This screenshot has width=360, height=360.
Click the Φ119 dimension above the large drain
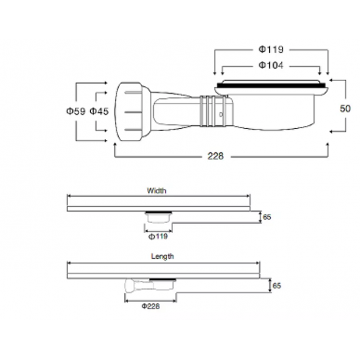(271, 49)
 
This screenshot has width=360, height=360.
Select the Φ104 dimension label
(271, 65)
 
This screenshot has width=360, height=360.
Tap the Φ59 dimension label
(75, 111)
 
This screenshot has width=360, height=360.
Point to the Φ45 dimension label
(99, 111)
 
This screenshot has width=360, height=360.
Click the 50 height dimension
(345, 109)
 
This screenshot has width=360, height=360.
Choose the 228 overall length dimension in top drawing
(215, 156)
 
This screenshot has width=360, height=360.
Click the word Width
(157, 190)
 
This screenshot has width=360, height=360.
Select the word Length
(162, 256)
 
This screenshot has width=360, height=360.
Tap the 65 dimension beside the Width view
(267, 217)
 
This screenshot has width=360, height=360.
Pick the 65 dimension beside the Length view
(276, 286)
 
